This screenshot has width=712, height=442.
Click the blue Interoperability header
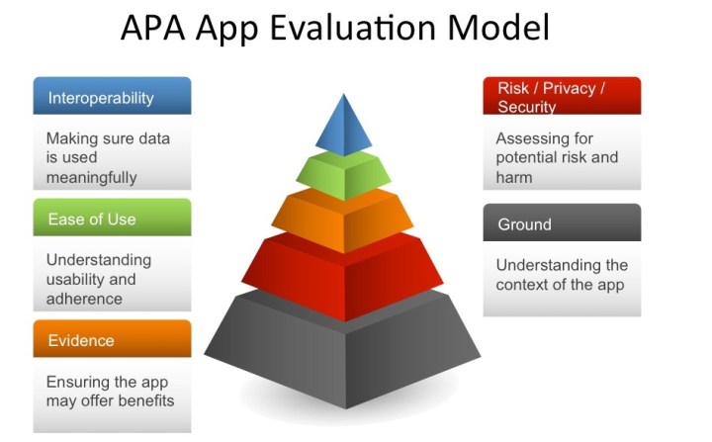(112, 97)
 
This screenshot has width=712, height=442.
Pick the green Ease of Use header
(112, 219)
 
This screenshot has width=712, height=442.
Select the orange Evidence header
(112, 340)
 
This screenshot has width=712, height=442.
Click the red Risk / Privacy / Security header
(562, 97)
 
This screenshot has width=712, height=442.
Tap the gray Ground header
(562, 223)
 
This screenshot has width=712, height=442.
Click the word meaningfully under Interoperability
(91, 178)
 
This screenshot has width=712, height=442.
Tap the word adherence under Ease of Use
(85, 299)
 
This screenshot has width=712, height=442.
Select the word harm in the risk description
(514, 178)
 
